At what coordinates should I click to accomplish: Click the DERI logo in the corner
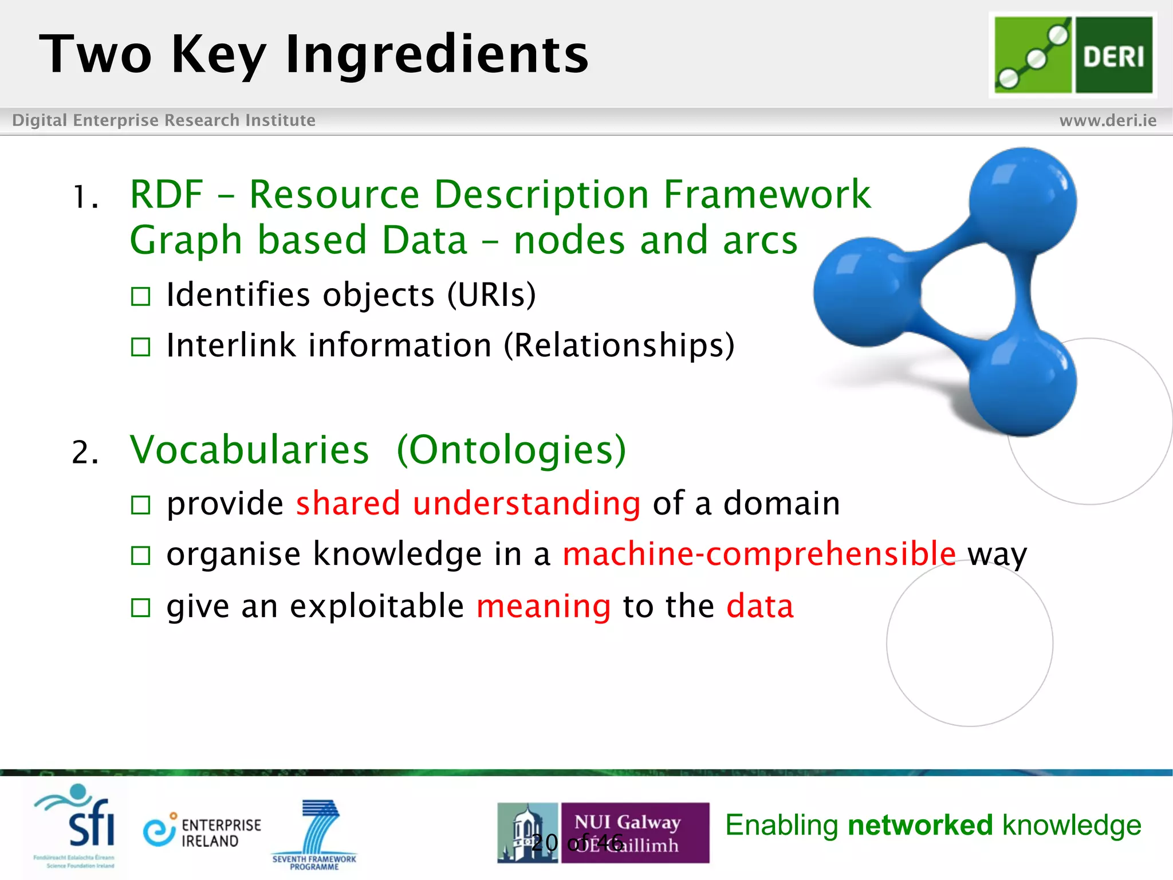click(x=1073, y=54)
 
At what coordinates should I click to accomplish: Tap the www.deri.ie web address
click(x=1108, y=120)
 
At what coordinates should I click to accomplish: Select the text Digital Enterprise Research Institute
click(x=164, y=120)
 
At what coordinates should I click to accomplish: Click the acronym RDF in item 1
click(x=167, y=195)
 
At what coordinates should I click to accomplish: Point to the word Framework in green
click(x=767, y=195)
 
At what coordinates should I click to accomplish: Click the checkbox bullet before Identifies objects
click(x=140, y=297)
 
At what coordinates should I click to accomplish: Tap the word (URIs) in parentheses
click(x=491, y=295)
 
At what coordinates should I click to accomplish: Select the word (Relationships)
click(x=619, y=345)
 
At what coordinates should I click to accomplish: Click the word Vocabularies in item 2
click(x=249, y=450)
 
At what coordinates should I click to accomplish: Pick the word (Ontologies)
click(x=511, y=450)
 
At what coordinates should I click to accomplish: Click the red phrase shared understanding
click(x=468, y=504)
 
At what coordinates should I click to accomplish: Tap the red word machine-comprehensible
click(x=759, y=554)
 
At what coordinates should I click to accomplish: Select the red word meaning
click(x=544, y=606)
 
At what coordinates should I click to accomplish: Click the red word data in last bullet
click(x=760, y=606)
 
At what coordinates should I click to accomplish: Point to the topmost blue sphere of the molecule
click(x=1022, y=201)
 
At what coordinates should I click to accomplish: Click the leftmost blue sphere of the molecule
click(x=867, y=292)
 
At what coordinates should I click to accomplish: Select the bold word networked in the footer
click(x=920, y=826)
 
